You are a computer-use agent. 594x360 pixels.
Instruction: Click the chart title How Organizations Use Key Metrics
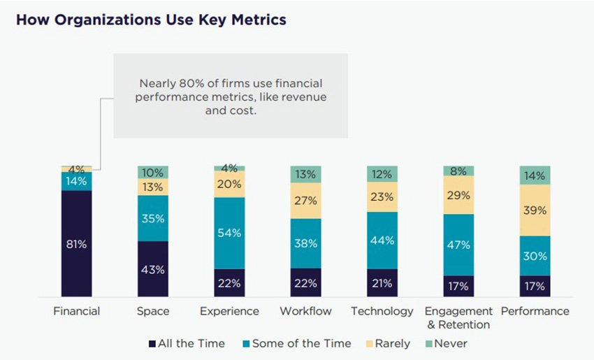151,20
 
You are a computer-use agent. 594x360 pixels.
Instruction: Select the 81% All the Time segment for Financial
76,243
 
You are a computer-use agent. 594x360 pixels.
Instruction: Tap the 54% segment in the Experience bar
229,233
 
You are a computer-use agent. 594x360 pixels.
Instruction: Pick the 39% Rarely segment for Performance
535,210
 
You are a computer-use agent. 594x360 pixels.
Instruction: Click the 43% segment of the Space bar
152,269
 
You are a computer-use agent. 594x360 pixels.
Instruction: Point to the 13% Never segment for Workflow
306,175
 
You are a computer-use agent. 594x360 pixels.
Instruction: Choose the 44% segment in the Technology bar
382,240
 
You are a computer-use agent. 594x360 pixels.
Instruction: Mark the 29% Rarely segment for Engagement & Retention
458,195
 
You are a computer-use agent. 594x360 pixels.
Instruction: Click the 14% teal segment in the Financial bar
76,181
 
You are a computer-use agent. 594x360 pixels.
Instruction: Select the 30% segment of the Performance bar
535,256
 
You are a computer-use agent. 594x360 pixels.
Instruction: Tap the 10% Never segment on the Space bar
152,173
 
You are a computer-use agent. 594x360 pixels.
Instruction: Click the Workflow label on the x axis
305,311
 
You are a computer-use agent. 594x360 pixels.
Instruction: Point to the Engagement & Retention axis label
458,317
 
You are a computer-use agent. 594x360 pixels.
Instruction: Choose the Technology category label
382,311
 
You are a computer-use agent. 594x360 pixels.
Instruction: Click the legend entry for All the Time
187,343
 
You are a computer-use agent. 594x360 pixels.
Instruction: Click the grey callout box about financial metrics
231,96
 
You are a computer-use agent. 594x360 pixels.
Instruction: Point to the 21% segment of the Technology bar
382,283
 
